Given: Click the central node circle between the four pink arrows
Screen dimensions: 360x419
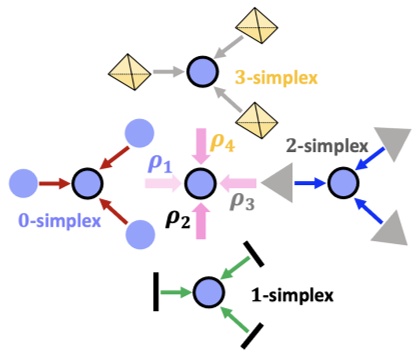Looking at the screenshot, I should pos(202,182).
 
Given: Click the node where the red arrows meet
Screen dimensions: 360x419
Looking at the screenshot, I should pos(87,184).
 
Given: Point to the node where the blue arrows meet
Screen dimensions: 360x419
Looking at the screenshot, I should pos(342,182).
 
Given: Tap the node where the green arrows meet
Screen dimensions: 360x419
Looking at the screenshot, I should pos(208,292).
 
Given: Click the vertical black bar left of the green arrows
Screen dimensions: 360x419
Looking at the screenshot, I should pos(158,293).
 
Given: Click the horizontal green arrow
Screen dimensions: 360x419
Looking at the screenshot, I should pos(179,292).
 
